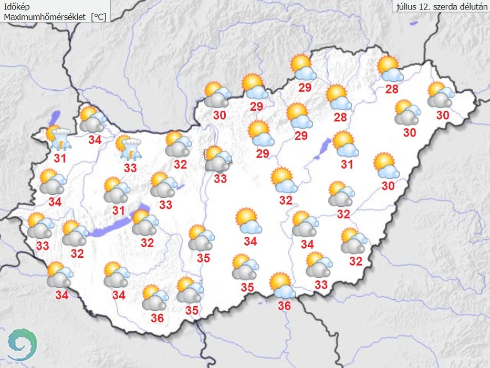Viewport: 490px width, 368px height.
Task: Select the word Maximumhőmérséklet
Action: pos(46,17)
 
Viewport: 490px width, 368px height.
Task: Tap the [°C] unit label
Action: pos(98,17)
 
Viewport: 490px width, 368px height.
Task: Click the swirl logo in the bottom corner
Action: pos(22,343)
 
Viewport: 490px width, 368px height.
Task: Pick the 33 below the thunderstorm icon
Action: pos(130,168)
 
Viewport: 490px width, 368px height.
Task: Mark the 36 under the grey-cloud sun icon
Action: pos(157,318)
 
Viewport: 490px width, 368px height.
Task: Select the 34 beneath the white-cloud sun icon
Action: pos(251,241)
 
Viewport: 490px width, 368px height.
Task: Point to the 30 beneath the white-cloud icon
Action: pos(388,185)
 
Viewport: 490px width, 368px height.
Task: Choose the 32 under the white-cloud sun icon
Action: pos(286,199)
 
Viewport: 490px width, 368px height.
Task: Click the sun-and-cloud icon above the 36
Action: pos(282,286)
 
